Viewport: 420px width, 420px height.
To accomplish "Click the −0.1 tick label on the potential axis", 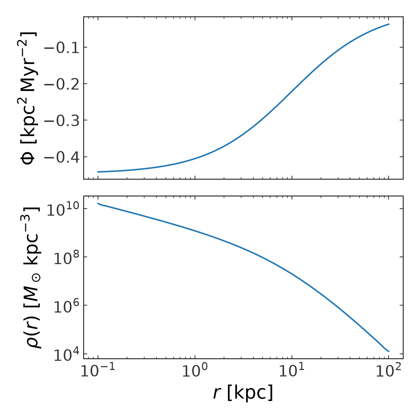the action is [62, 48].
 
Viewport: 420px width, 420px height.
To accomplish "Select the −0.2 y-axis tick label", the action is [62, 84].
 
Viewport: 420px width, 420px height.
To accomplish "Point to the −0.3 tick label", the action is [62, 120].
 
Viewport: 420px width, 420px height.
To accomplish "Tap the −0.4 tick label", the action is [62, 157].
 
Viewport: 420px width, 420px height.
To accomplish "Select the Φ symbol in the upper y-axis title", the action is [28, 157].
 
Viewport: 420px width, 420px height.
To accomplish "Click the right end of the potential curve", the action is [389, 24].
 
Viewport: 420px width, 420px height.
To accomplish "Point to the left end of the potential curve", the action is [98, 172].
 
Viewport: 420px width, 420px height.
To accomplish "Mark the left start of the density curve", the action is [98, 203].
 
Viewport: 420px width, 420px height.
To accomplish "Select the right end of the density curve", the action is [389, 351].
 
